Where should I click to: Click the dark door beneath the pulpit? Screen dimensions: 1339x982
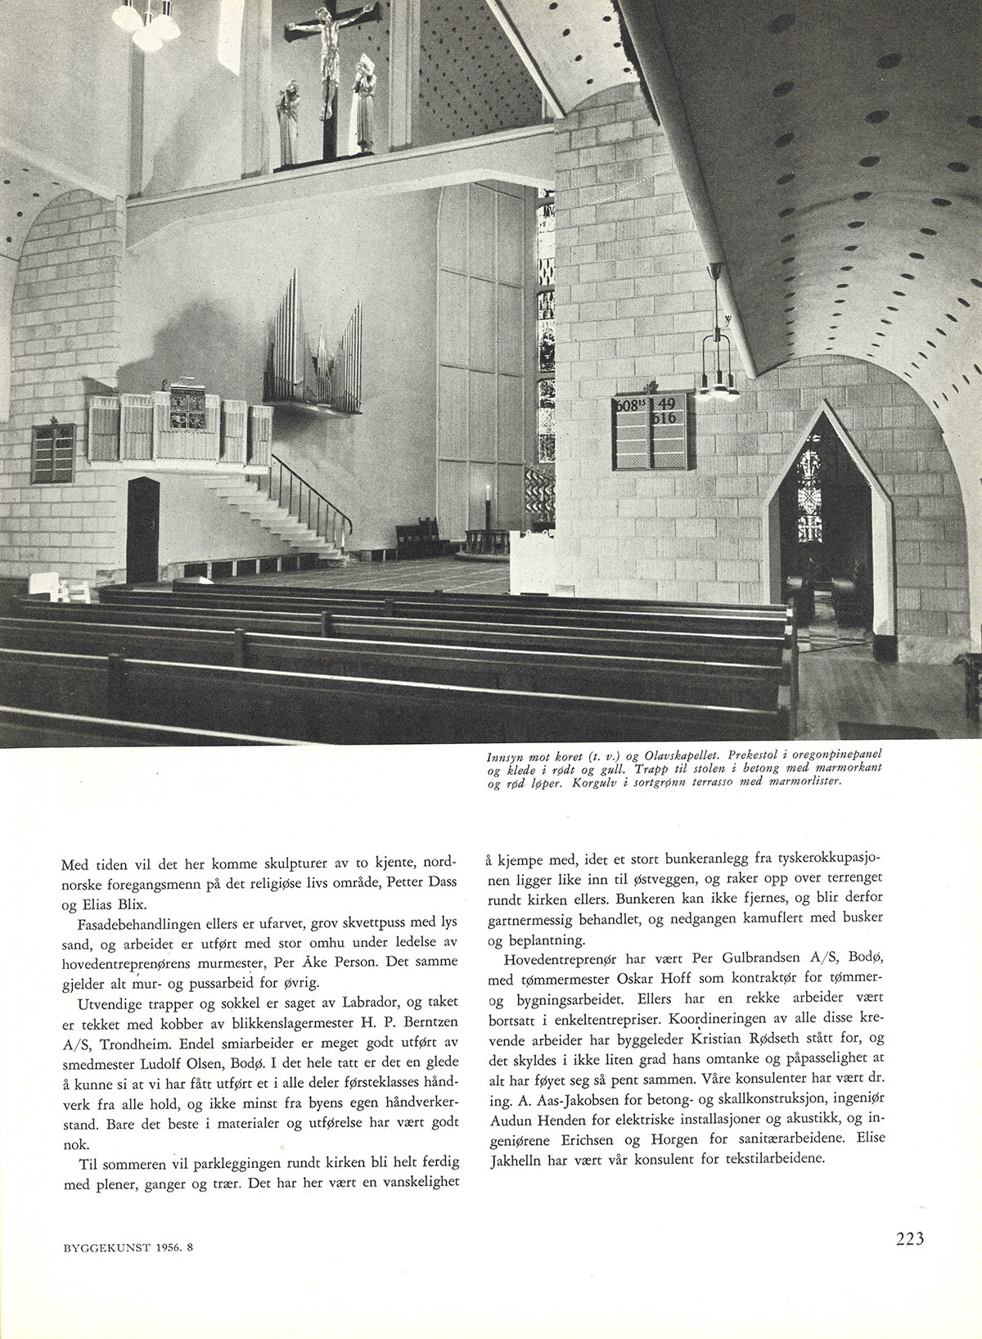142,530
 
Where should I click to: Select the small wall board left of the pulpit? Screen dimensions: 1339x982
53,453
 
